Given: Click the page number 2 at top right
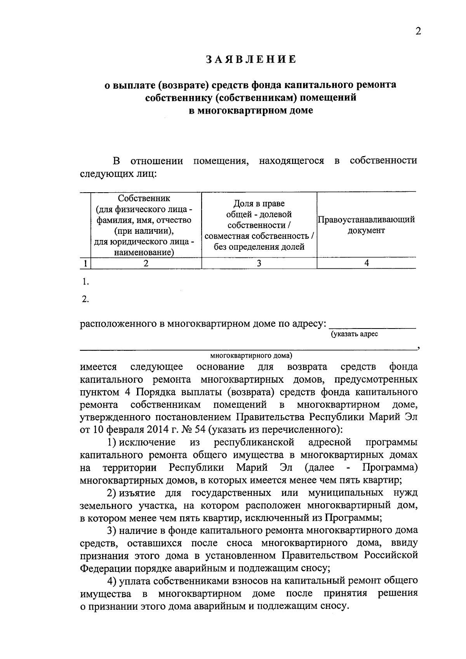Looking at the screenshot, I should coord(418,31).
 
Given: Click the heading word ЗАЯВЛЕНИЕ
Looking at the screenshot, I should coord(251,59).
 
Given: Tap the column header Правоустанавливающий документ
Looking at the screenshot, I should coord(366,225).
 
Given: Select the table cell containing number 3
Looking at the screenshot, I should coord(259,263).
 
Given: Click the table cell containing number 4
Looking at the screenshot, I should coord(366,263).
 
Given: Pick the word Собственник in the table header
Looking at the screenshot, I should coord(144,198).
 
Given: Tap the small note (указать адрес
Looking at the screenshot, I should coord(354,334).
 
